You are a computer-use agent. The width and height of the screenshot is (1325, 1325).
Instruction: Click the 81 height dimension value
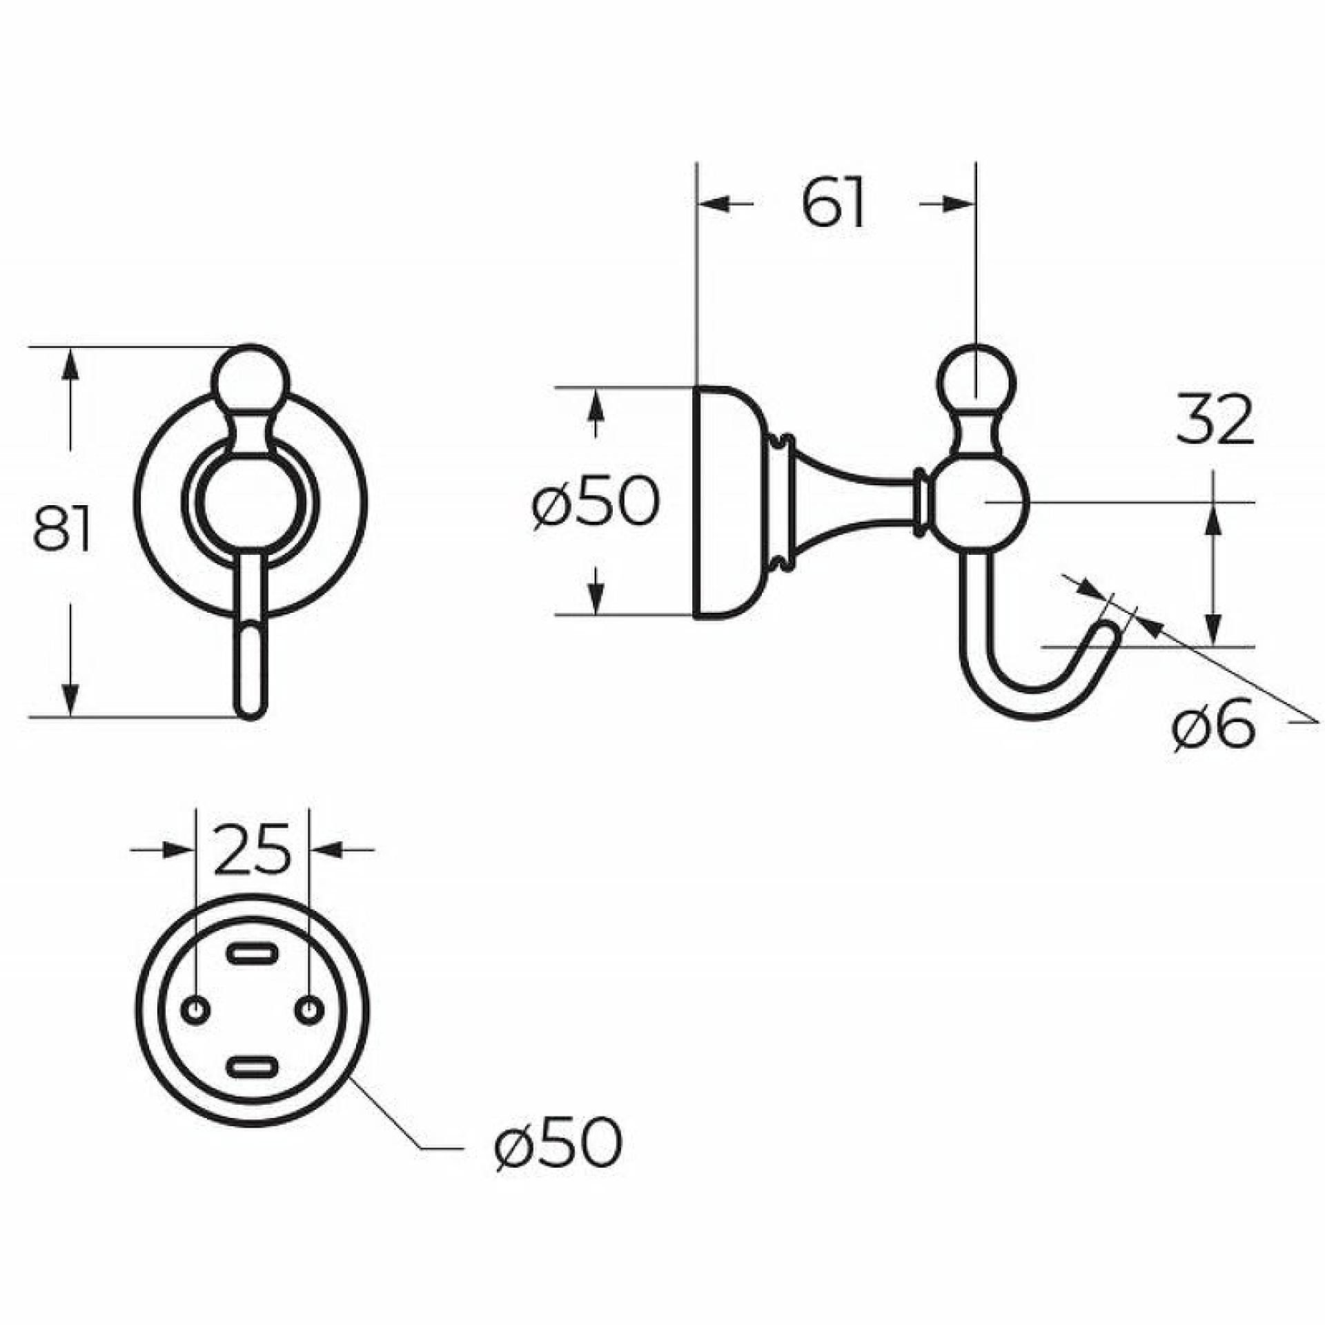coord(62,529)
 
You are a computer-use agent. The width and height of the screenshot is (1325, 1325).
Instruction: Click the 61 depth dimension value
coord(834,203)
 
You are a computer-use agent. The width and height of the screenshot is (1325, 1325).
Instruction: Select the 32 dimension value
coord(1215,419)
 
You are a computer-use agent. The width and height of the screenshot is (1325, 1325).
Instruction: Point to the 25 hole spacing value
coord(251,850)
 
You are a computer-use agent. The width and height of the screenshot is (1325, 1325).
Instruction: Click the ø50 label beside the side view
coord(596,502)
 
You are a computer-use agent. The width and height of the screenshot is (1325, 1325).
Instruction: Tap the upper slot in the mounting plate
coord(253,955)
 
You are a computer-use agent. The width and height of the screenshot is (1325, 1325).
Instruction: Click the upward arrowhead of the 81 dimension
coord(69,364)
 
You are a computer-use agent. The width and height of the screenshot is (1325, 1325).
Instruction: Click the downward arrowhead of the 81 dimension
coord(69,700)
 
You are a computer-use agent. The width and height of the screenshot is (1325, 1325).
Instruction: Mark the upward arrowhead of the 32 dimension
coord(1214,520)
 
